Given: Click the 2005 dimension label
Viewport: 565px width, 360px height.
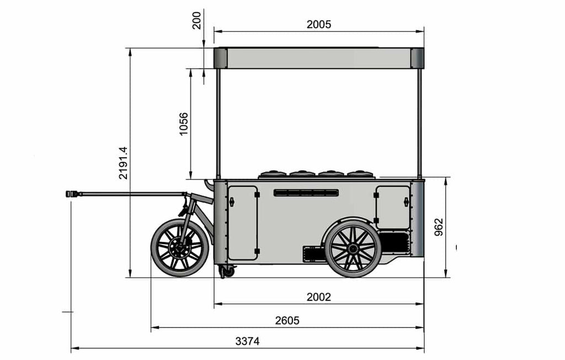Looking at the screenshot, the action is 318,24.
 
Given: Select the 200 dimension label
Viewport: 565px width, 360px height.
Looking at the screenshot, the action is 197,20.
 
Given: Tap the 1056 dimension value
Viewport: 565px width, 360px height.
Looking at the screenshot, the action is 184,124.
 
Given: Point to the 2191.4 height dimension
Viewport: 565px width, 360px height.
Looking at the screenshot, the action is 123,163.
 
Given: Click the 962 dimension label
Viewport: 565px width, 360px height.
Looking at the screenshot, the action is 439,227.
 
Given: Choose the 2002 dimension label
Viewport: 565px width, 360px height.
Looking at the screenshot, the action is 318,297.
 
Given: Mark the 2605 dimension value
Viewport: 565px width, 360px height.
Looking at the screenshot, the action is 287,320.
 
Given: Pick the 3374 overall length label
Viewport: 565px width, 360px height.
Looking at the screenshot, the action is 247,341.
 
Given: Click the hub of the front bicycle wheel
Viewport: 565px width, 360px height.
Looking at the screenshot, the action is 179,248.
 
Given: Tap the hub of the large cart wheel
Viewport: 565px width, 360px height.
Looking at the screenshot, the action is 353,248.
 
